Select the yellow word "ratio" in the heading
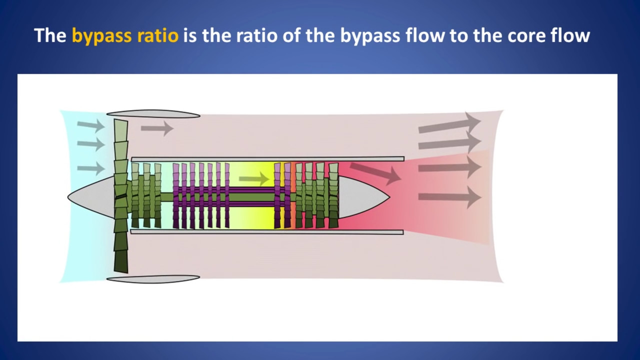pyautogui.click(x=158, y=35)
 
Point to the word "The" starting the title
pyautogui.click(x=50, y=35)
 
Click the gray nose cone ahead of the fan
pyautogui.click(x=91, y=197)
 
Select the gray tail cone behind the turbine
pyautogui.click(x=363, y=197)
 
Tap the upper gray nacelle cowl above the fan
pyautogui.click(x=153, y=114)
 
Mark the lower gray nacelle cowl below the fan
pyautogui.click(x=153, y=279)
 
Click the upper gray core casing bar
pyautogui.click(x=267, y=159)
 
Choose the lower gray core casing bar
pyautogui.click(x=267, y=231)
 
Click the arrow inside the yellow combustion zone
pyautogui.click(x=254, y=179)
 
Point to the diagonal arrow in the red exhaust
pyautogui.click(x=375, y=172)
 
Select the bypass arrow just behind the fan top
pyautogui.click(x=157, y=128)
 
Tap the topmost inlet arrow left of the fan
pyautogui.click(x=91, y=125)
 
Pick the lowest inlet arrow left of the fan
pyautogui.click(x=91, y=168)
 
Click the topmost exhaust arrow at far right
pyautogui.click(x=449, y=123)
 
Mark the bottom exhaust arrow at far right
pyautogui.click(x=449, y=197)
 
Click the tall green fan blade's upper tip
pyautogui.click(x=120, y=119)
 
